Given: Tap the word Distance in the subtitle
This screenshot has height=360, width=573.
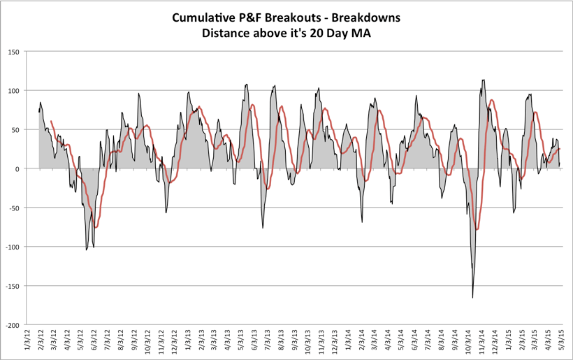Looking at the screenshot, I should click(229, 32).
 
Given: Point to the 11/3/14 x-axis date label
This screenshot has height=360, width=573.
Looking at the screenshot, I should click(484, 343).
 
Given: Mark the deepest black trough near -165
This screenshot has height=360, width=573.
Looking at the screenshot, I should click(472, 298).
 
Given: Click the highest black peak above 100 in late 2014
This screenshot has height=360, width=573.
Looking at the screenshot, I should click(484, 80).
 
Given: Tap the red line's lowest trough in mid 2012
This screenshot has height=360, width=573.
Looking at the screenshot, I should click(96, 227).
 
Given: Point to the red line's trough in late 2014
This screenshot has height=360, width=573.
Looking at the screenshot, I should click(477, 229).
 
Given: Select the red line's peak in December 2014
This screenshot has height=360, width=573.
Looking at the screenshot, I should click(492, 101).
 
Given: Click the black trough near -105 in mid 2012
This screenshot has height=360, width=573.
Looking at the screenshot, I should click(87, 250).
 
